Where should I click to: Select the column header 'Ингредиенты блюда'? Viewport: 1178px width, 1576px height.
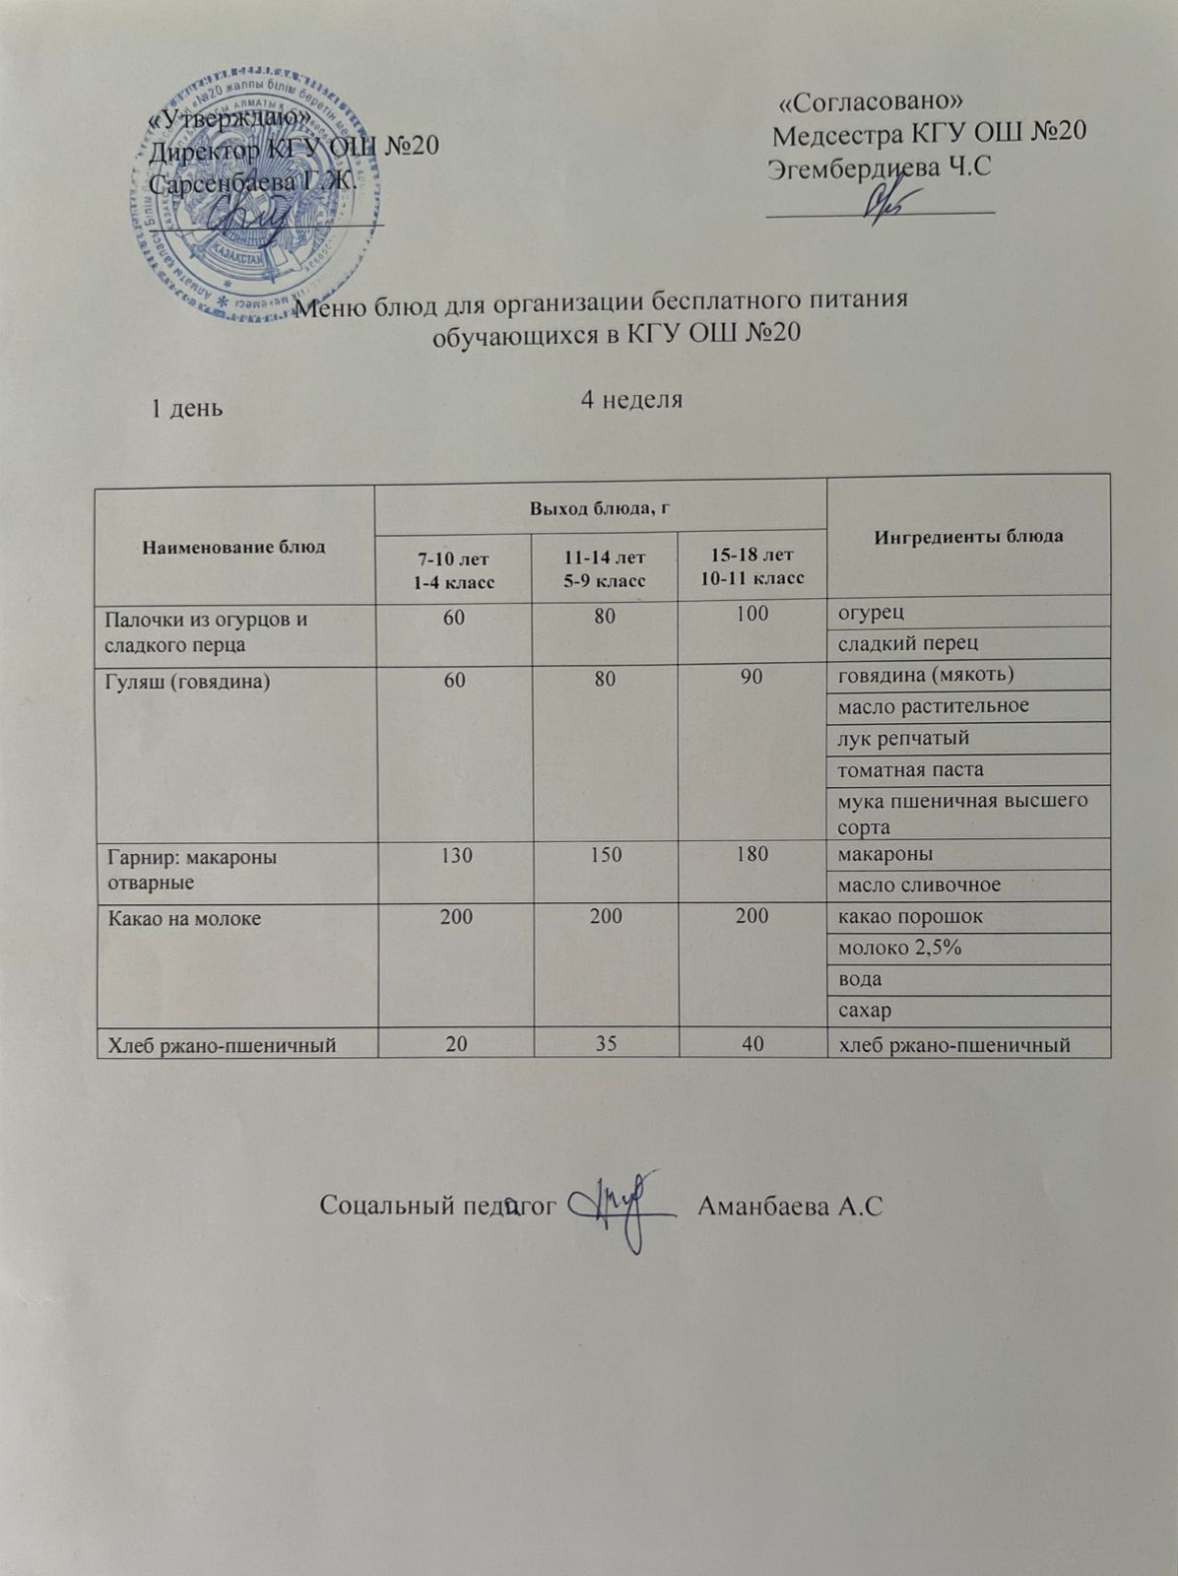[968, 537]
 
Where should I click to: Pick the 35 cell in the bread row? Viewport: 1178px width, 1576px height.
[605, 1044]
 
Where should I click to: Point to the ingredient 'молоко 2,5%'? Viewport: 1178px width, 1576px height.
[899, 948]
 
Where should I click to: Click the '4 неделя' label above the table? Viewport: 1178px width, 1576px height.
[631, 400]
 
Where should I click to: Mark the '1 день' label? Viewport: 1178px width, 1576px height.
[186, 408]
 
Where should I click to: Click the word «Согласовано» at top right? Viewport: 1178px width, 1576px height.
[870, 102]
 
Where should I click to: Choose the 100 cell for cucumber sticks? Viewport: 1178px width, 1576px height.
[752, 614]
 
